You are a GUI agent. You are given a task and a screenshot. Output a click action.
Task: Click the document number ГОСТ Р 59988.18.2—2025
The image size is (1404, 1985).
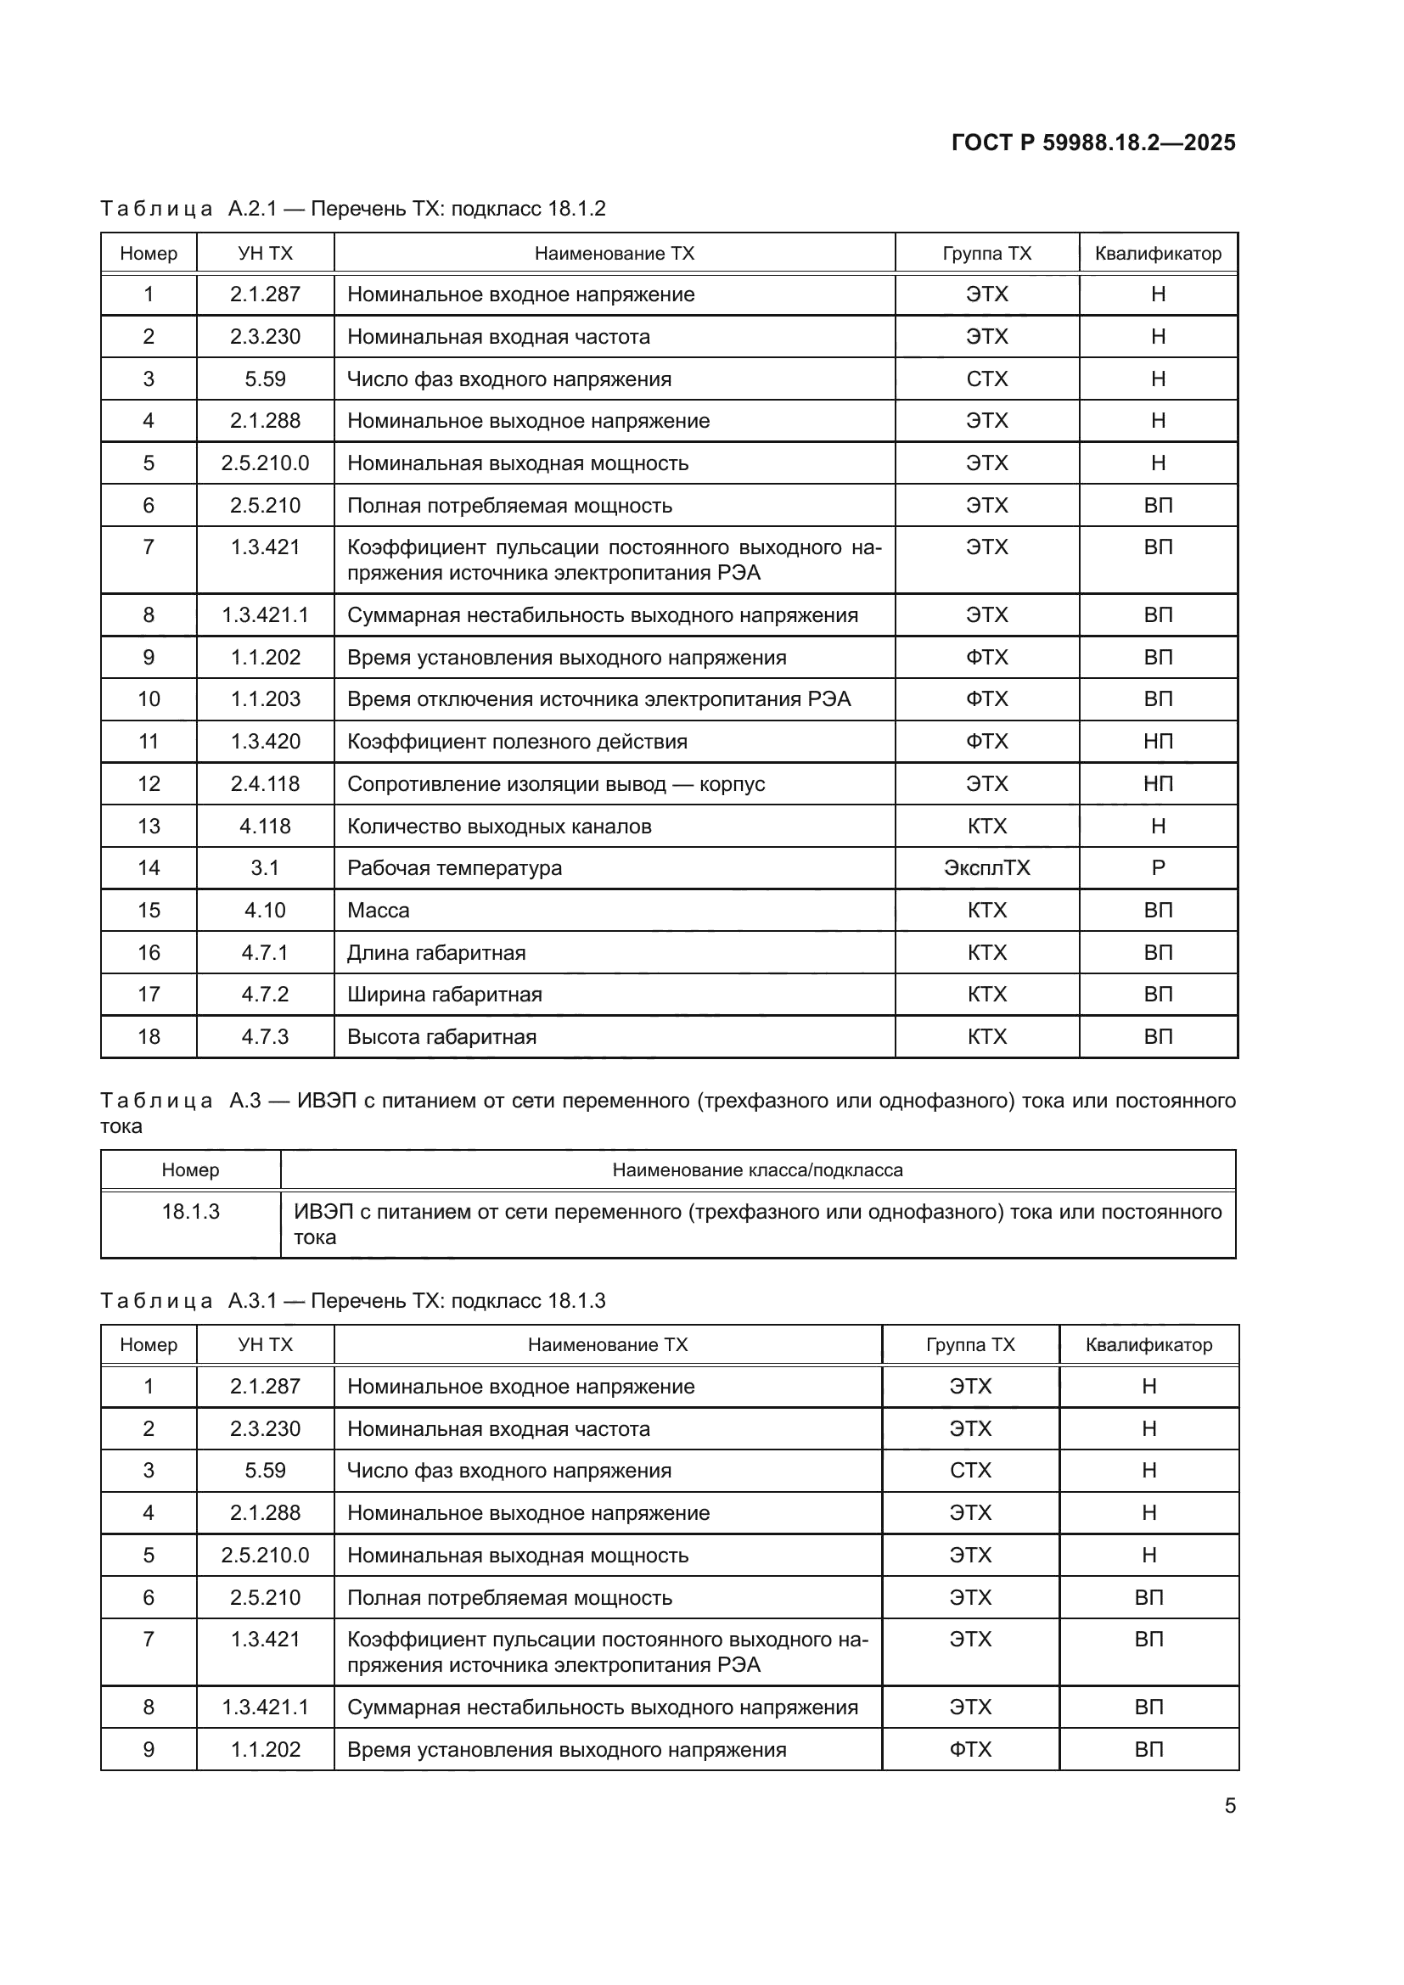click(1092, 143)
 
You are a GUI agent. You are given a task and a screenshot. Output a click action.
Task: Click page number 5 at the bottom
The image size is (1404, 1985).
click(1229, 1806)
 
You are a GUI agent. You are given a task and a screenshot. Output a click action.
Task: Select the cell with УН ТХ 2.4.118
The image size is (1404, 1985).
click(265, 784)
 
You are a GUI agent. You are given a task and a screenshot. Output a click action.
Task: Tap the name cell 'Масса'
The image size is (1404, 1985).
click(378, 911)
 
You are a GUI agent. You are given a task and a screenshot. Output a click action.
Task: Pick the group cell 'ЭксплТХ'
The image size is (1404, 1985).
click(986, 868)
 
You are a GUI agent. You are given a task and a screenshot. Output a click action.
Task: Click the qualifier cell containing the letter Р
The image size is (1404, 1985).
click(1158, 868)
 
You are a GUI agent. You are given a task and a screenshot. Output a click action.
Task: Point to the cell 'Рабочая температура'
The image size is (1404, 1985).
click(454, 868)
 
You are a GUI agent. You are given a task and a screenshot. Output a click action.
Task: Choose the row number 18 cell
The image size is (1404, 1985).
click(149, 1036)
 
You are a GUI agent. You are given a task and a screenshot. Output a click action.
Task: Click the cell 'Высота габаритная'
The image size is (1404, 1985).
click(441, 1036)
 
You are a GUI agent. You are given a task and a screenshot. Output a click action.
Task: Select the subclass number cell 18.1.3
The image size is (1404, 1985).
click(190, 1212)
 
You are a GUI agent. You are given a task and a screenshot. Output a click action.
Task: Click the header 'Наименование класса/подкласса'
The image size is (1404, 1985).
click(757, 1170)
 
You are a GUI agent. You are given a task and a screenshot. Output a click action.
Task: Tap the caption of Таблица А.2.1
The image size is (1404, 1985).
click(353, 209)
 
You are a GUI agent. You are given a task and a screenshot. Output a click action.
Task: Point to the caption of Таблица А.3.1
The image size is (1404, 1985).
click(353, 1301)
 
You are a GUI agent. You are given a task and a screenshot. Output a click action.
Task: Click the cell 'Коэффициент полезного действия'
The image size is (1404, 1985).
click(517, 742)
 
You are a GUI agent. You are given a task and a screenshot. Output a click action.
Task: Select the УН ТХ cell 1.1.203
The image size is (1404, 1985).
click(265, 699)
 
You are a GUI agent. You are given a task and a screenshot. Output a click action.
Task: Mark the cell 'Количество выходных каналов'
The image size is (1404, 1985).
click(499, 827)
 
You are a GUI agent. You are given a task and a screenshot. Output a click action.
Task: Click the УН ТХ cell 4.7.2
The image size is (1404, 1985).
click(265, 995)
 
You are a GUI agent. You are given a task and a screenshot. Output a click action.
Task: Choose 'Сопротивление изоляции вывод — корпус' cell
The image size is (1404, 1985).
click(556, 784)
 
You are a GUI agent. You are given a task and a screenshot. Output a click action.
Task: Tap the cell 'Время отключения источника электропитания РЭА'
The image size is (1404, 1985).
click(598, 699)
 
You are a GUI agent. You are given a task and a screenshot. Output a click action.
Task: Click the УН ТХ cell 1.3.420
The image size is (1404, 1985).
click(265, 742)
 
